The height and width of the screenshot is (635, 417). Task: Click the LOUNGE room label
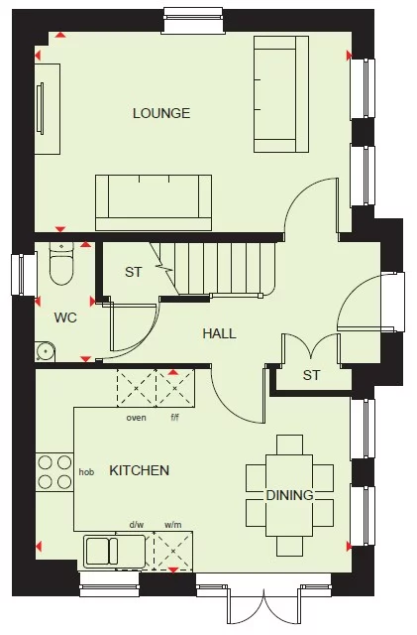click(x=161, y=114)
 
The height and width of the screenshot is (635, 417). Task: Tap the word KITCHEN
click(x=139, y=470)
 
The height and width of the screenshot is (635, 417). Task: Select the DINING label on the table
click(x=289, y=495)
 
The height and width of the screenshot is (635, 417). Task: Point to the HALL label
click(x=219, y=333)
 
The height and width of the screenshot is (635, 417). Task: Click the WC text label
click(x=65, y=317)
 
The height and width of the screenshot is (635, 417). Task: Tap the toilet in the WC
click(x=60, y=265)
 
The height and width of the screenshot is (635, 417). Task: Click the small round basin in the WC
click(x=46, y=350)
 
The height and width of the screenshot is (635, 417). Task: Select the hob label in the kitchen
click(x=87, y=471)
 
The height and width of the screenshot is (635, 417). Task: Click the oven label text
click(x=136, y=418)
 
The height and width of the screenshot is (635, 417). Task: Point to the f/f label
click(x=175, y=418)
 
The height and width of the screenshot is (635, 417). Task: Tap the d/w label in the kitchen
click(x=137, y=525)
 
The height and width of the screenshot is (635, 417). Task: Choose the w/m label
click(x=172, y=525)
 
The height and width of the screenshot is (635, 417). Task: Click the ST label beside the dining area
click(x=312, y=375)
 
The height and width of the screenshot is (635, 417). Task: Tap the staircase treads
click(x=222, y=268)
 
